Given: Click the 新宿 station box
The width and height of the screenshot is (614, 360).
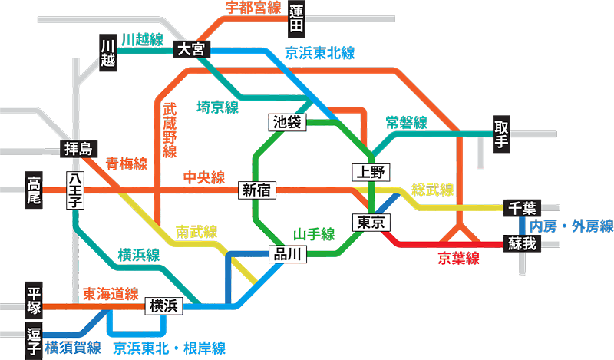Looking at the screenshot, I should (256, 190).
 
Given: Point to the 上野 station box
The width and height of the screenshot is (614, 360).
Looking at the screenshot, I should (372, 172).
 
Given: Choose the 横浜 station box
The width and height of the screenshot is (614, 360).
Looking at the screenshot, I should (164, 306).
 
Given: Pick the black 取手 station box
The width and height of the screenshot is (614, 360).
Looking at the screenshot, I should (500, 134).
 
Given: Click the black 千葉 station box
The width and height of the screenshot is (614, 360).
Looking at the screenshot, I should (522, 208).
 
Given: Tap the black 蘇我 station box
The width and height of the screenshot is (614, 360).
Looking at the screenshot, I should (522, 243).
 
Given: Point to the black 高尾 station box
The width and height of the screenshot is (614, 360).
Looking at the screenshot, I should (34, 191).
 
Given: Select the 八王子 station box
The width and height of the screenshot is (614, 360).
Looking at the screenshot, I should (74, 191).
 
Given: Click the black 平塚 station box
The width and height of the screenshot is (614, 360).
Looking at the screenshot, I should (34, 302).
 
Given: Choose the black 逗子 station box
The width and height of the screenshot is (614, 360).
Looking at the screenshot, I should (34, 341).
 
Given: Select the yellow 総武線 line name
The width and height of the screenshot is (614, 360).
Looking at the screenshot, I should (432, 190).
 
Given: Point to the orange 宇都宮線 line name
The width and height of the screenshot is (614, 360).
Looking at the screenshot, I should (253, 8).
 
